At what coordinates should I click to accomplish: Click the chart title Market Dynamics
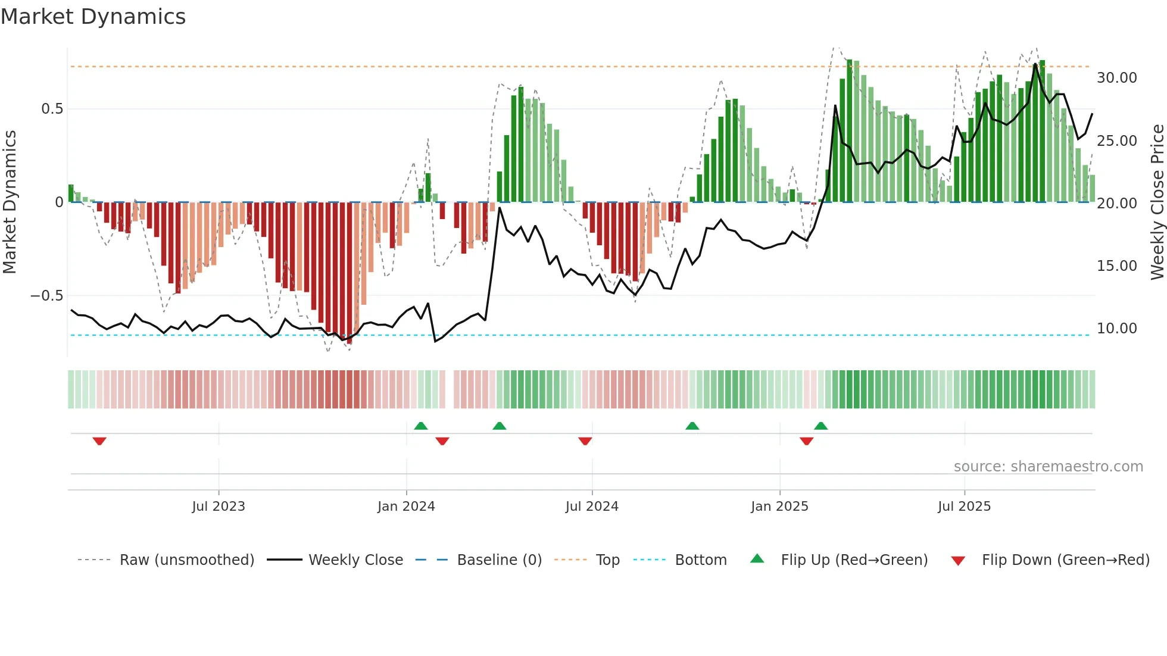tap(93, 17)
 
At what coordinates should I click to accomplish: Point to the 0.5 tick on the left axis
tap(52, 109)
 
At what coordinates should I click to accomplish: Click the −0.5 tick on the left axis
tap(47, 296)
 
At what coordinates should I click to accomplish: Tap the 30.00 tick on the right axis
tap(1116, 78)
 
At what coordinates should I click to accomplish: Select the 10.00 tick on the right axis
tap(1116, 329)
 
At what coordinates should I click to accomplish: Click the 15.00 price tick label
tap(1116, 266)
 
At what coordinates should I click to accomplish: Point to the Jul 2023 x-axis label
tap(219, 507)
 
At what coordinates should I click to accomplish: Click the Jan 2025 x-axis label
tap(779, 507)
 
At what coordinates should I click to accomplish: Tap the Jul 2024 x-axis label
tap(592, 507)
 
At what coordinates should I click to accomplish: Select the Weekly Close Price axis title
tap(1157, 202)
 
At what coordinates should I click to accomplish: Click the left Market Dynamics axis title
tap(10, 202)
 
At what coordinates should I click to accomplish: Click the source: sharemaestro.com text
tap(1048, 467)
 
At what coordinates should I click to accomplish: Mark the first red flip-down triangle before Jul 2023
tap(99, 441)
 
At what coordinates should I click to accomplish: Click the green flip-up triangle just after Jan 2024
tap(421, 426)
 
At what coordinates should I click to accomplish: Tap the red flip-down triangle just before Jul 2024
tap(585, 441)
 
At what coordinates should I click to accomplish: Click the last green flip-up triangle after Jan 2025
tap(821, 426)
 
